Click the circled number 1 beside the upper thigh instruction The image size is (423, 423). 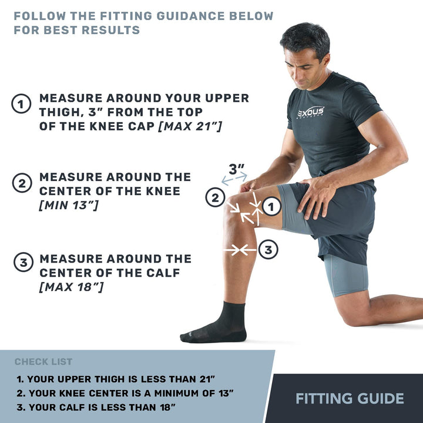tap(22, 105)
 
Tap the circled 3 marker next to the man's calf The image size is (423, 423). tap(268, 250)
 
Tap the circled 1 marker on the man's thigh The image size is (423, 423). tap(271, 206)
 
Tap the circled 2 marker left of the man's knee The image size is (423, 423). tap(215, 198)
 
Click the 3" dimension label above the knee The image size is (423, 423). tap(236, 169)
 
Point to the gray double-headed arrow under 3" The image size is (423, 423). tap(234, 179)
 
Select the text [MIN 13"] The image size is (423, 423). tap(69, 205)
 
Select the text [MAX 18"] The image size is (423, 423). tap(71, 287)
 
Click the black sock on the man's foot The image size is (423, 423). tap(217, 325)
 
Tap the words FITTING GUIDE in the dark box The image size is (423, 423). tap(350, 399)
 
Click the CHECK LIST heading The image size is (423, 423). tap(43, 362)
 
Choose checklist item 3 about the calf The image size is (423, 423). tap(96, 407)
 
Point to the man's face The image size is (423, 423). tap(304, 63)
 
